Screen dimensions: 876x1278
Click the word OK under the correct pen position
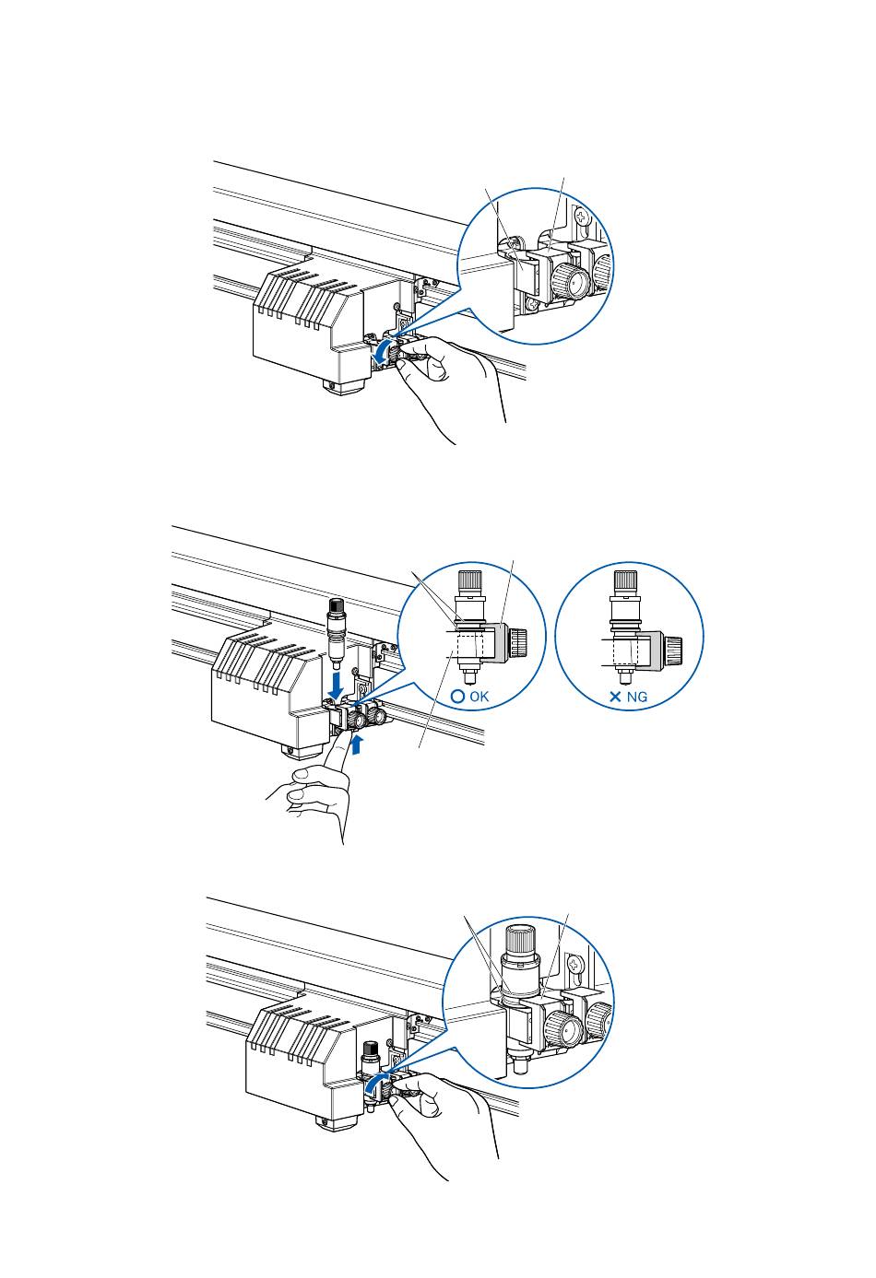(x=479, y=697)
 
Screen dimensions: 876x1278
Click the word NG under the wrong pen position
(x=637, y=698)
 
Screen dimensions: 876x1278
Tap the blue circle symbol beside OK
(x=457, y=697)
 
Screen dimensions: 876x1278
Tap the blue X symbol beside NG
(x=615, y=698)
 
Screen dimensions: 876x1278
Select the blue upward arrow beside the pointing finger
(x=359, y=742)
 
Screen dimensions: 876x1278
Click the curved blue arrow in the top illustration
(x=381, y=351)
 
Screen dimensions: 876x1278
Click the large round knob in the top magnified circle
(x=572, y=282)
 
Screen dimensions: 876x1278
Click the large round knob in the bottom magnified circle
(x=562, y=1026)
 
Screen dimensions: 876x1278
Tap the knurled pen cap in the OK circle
(x=469, y=583)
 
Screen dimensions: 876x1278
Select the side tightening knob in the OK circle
(x=518, y=639)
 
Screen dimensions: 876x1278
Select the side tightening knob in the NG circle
(x=674, y=647)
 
